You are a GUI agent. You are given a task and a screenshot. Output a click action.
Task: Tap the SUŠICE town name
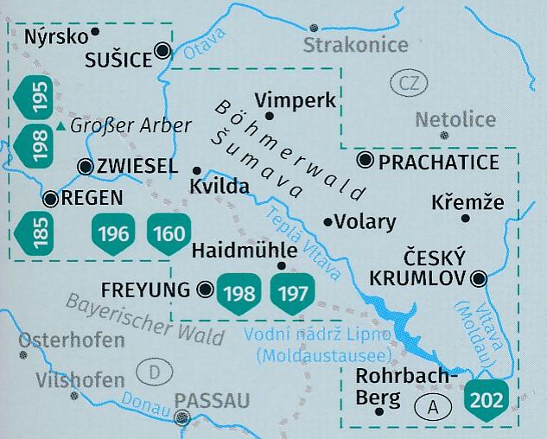click(117, 59)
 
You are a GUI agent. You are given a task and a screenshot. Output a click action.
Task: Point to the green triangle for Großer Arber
click(60, 127)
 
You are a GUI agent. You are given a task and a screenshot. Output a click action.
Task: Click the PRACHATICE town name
click(440, 161)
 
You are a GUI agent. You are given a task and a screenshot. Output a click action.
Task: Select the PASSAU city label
click(212, 399)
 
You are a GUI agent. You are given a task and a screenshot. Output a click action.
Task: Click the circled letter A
click(429, 404)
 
